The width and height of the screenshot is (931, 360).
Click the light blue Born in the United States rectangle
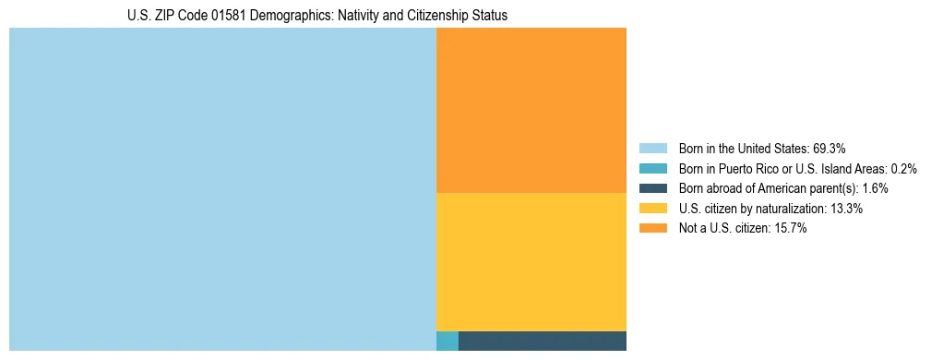pos(221,189)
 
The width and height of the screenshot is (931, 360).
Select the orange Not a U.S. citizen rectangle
pos(531,110)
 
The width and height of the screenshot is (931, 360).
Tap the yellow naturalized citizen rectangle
pos(531,261)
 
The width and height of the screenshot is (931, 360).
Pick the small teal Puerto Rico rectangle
pos(447,341)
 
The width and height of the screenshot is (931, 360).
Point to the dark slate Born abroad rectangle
pos(542,341)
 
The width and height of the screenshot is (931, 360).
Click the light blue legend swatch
pos(652,148)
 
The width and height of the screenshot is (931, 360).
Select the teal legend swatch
pos(652,168)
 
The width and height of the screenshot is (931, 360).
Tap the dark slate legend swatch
pos(652,188)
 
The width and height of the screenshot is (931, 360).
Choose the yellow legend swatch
pos(652,209)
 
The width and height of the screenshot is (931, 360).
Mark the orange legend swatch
pos(652,229)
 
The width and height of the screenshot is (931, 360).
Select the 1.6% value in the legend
pos(875,188)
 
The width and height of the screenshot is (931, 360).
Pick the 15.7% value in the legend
pos(791,229)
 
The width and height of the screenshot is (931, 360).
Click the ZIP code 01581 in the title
pos(224,16)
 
